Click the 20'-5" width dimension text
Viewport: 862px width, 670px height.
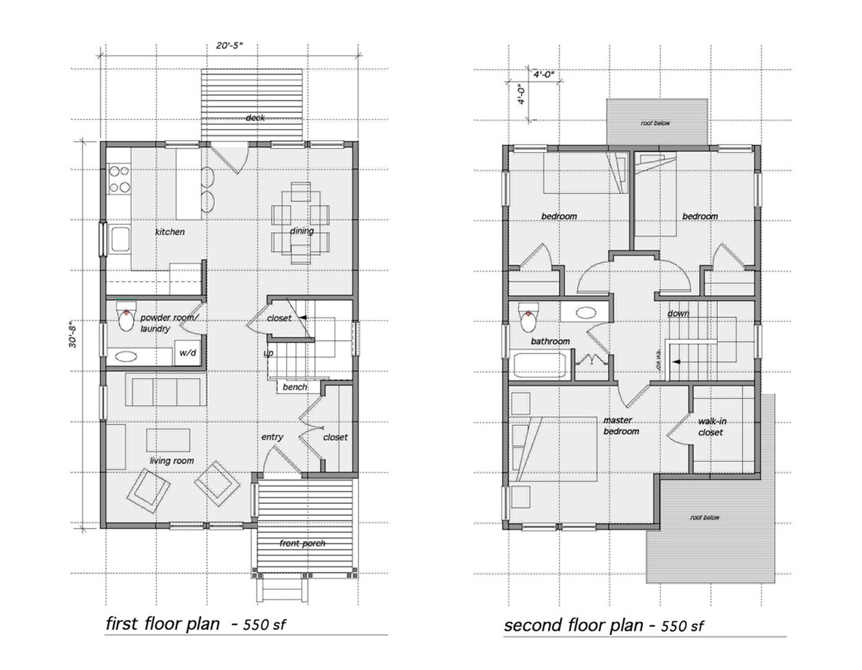[x=229, y=46]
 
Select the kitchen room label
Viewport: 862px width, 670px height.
[x=170, y=231]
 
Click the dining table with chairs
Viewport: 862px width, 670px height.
[x=300, y=223]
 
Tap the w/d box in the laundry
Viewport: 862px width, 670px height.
[x=187, y=354]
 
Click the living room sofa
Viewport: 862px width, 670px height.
[x=166, y=391]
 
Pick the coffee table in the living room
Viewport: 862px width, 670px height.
[x=168, y=440]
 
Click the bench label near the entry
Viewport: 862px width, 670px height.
[x=295, y=387]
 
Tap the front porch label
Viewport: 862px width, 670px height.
[x=302, y=543]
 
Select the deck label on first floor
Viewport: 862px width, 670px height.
[x=255, y=118]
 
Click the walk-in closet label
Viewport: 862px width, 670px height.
[x=711, y=427]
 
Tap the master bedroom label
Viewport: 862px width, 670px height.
[x=621, y=426]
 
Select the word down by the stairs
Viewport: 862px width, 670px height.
[x=678, y=313]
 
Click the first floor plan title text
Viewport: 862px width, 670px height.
[x=162, y=624]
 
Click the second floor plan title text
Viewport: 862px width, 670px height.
[x=574, y=625]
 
